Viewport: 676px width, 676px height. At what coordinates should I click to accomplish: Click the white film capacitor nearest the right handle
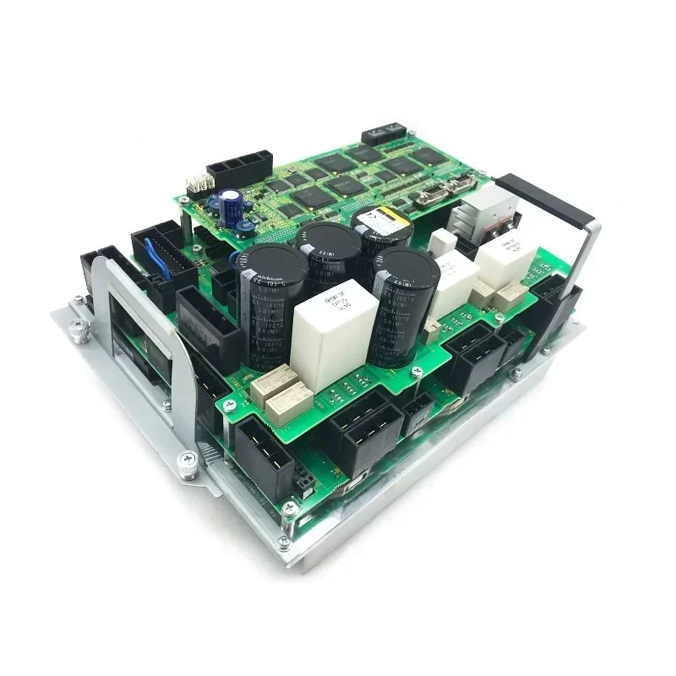[504, 258]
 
